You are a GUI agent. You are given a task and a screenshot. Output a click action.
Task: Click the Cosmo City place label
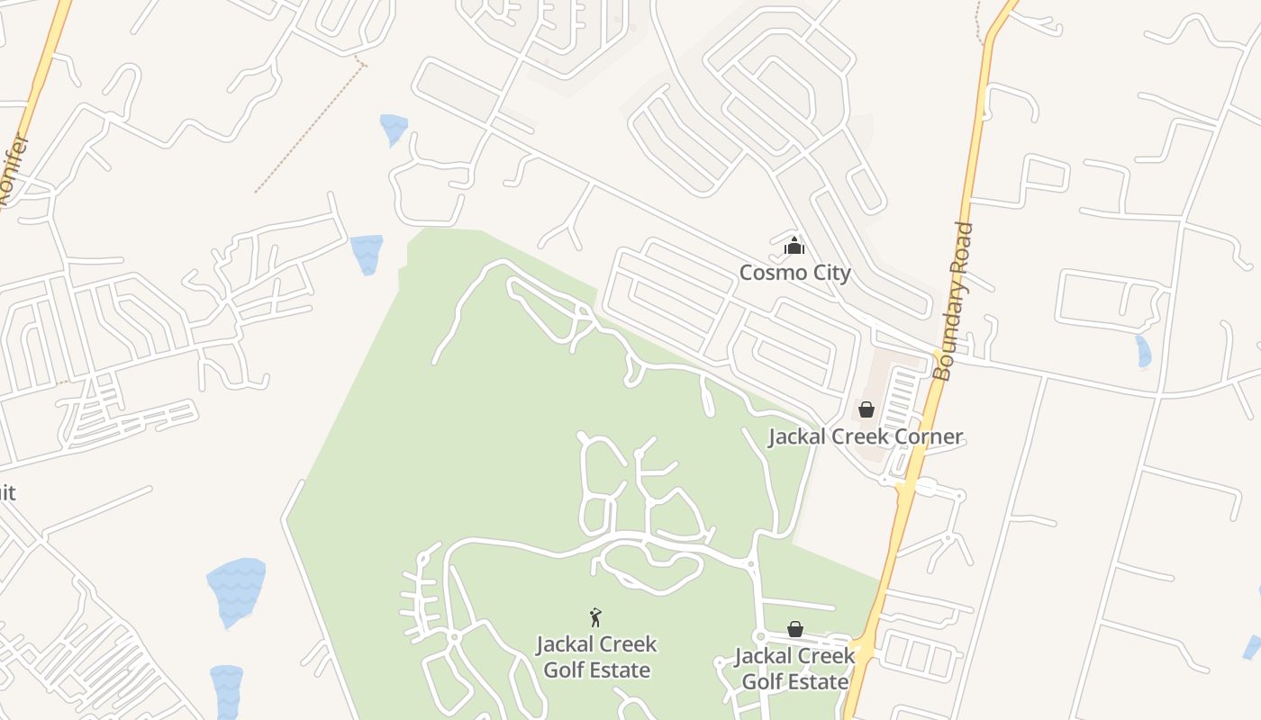(x=794, y=272)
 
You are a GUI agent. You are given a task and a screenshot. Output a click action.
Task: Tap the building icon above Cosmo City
(x=794, y=245)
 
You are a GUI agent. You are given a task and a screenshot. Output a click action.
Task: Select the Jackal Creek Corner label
(x=865, y=436)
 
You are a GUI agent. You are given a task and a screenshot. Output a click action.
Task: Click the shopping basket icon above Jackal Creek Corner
(x=866, y=409)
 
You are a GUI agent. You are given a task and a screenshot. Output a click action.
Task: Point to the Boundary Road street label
(x=953, y=301)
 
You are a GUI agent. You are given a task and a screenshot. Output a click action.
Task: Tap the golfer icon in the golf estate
(x=594, y=617)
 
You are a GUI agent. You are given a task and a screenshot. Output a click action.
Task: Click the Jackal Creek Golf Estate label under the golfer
(x=596, y=657)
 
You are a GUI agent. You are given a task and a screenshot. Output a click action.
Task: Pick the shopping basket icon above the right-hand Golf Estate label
(x=794, y=629)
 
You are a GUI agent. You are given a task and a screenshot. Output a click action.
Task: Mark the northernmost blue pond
(x=394, y=128)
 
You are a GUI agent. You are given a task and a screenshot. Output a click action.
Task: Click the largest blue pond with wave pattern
(x=237, y=591)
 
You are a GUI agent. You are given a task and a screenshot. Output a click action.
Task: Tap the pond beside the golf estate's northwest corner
(x=367, y=253)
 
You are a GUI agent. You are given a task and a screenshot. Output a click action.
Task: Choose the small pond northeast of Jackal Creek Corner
(x=1143, y=351)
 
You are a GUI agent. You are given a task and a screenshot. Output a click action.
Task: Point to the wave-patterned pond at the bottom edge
(x=226, y=691)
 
